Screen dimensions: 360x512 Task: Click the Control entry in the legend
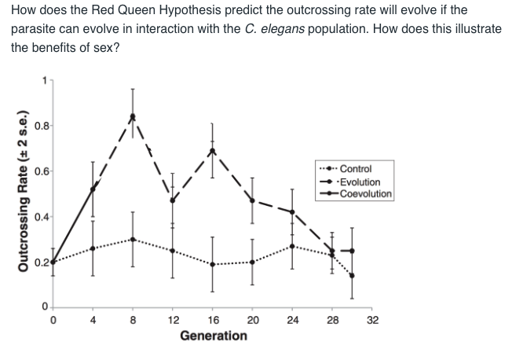(357, 169)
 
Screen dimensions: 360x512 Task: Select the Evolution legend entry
(361, 182)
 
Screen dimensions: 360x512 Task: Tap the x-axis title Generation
(213, 336)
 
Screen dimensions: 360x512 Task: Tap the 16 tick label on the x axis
(212, 320)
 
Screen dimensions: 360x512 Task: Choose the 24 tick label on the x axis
(291, 320)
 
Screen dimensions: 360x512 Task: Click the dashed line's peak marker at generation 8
(133, 117)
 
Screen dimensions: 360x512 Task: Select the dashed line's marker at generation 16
(212, 151)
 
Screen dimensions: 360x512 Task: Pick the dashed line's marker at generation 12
(173, 200)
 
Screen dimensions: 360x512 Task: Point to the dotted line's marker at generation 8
(133, 239)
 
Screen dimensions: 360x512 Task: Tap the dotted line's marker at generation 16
(212, 264)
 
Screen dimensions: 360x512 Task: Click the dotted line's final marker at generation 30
(351, 275)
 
